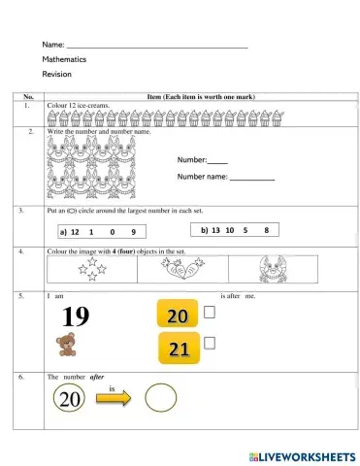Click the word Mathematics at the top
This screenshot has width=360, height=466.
coord(64,59)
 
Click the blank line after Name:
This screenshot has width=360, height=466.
coord(156,46)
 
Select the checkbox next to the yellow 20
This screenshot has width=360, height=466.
coord(210,313)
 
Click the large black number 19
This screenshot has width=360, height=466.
coord(76,316)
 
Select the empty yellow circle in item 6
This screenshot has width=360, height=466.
coord(160,397)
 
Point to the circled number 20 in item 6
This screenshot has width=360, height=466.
coord(68,398)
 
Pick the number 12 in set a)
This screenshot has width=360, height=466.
coord(74,232)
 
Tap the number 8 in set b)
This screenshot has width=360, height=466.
coord(265,230)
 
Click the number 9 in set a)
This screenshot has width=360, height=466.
coord(133,232)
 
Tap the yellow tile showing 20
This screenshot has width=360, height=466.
coord(177,316)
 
